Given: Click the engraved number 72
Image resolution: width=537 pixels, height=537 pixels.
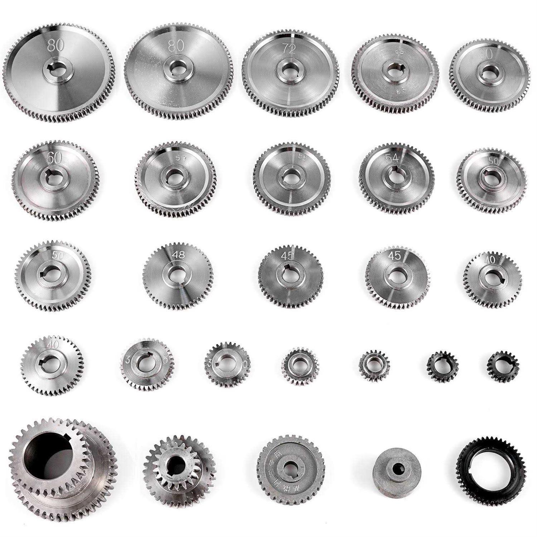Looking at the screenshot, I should [289, 49].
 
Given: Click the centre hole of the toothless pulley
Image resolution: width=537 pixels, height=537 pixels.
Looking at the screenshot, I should [397, 467].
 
